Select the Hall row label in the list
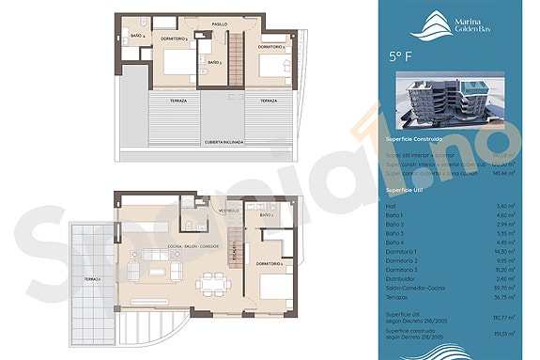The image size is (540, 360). pyautogui.click(x=392, y=205)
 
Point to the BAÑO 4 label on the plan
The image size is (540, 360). pyautogui.click(x=137, y=35)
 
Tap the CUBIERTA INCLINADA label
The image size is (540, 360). pyautogui.click(x=224, y=142)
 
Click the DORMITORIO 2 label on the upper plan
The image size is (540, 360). pyautogui.click(x=271, y=46)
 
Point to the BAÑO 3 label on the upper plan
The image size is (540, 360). pyautogui.click(x=214, y=62)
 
